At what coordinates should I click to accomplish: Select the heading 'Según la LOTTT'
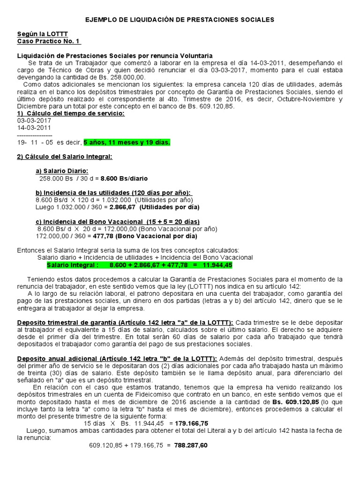click(x=36, y=34)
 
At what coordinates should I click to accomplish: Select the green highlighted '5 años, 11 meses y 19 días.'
click(x=126, y=142)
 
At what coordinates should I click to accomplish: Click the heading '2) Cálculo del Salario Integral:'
click(x=65, y=157)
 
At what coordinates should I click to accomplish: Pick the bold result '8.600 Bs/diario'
click(x=124, y=178)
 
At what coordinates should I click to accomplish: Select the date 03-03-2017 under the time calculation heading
click(x=34, y=120)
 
